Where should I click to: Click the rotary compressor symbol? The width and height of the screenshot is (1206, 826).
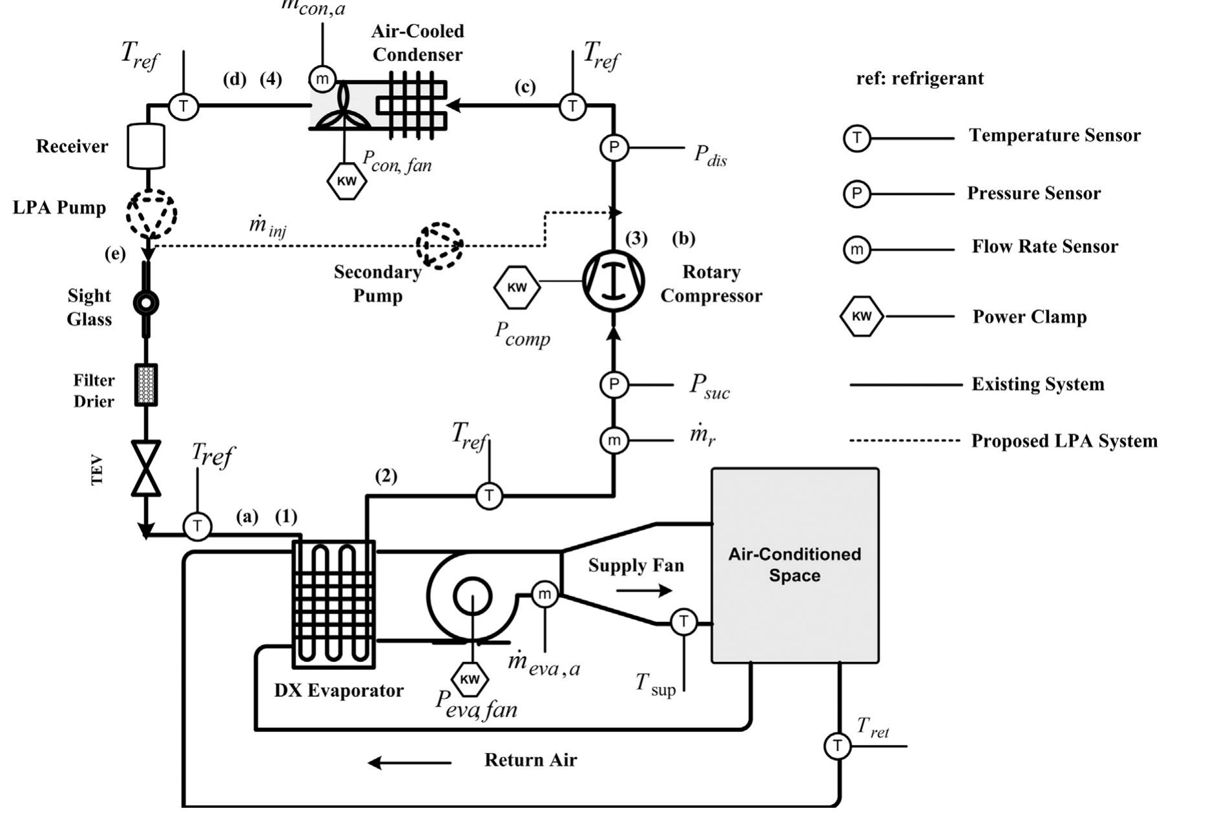click(614, 282)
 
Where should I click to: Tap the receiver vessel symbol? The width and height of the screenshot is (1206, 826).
click(147, 147)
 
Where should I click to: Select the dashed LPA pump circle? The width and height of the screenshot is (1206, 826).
click(151, 213)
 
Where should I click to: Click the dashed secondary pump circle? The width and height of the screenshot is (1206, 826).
click(439, 245)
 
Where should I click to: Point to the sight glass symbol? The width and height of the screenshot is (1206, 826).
click(146, 302)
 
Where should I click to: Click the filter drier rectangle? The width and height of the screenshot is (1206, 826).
click(146, 385)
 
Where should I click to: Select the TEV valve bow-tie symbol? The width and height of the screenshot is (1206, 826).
click(146, 468)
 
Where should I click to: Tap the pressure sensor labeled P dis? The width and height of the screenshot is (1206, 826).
click(614, 148)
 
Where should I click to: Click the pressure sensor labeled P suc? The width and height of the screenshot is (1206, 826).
click(614, 385)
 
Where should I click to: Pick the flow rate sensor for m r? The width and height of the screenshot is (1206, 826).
click(614, 440)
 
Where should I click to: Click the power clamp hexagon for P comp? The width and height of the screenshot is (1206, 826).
click(517, 287)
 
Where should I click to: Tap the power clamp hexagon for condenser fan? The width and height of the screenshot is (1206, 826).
click(347, 181)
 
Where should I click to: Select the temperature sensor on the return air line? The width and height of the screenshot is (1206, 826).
click(837, 746)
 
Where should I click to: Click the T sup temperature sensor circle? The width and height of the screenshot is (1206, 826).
click(683, 623)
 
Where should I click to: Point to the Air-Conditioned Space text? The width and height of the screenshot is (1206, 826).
click(795, 564)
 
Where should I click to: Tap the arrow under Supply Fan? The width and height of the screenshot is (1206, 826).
click(644, 590)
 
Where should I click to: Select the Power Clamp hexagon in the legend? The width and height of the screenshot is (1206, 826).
click(862, 316)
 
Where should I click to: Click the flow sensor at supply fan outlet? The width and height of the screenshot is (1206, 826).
click(545, 594)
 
